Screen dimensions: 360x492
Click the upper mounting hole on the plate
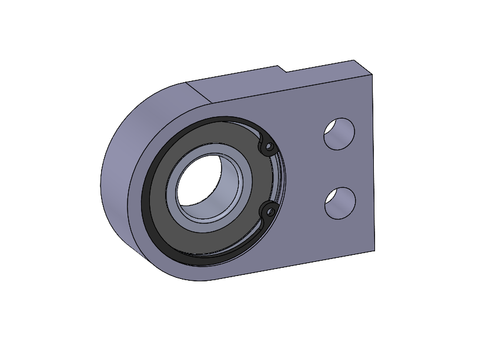pos(340,134)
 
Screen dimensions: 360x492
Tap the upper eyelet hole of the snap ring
pos(269,145)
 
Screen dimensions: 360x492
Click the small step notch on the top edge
pos(282,69)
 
